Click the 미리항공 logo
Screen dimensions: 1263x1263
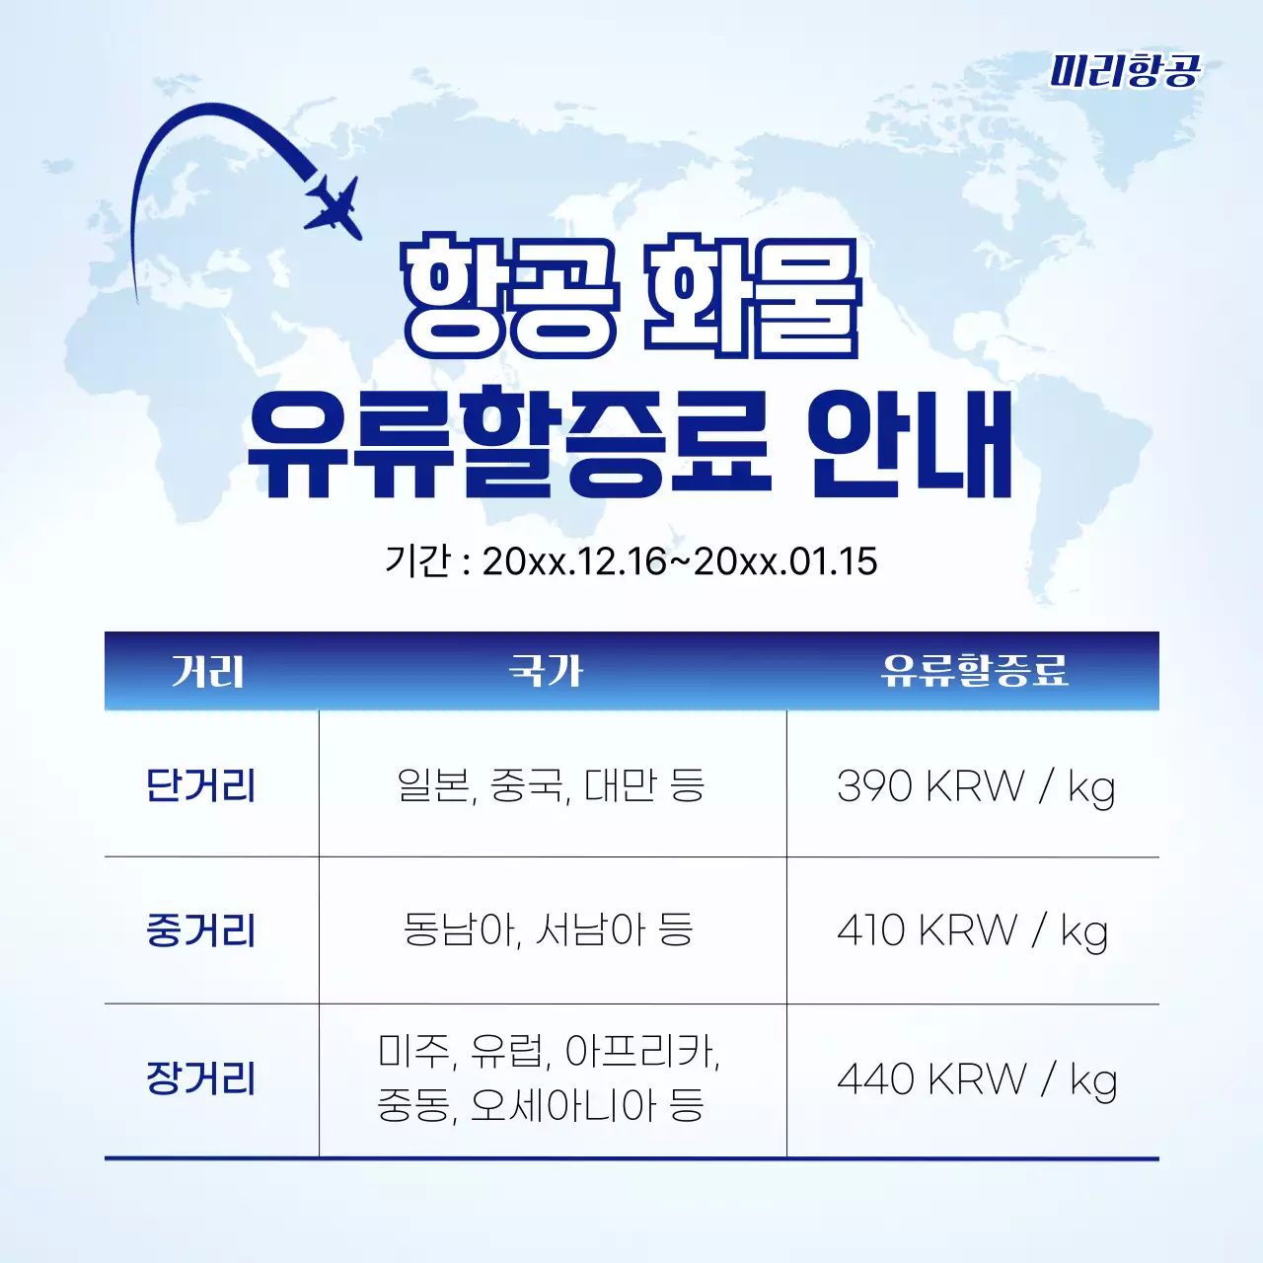tap(1125, 71)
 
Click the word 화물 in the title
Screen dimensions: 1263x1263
tap(752, 296)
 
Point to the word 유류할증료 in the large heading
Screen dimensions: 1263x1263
tap(509, 444)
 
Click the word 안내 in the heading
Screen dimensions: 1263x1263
tap(910, 444)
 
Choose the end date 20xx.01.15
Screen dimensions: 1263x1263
tap(785, 561)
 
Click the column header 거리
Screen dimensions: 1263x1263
tap(207, 672)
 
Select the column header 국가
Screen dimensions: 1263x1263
tap(546, 672)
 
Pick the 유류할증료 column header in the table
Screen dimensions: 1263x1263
tap(974, 672)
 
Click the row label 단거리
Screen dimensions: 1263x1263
tap(201, 785)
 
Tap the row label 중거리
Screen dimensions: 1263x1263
tap(201, 930)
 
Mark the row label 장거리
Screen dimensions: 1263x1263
tap(201, 1078)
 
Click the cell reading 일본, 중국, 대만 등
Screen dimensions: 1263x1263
tap(551, 785)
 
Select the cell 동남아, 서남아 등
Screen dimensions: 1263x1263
tap(549, 929)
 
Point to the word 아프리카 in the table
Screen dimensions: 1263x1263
tap(641, 1052)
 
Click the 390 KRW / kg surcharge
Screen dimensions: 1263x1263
tap(975, 786)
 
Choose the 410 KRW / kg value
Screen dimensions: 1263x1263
tap(972, 930)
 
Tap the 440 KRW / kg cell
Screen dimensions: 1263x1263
tap(976, 1079)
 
